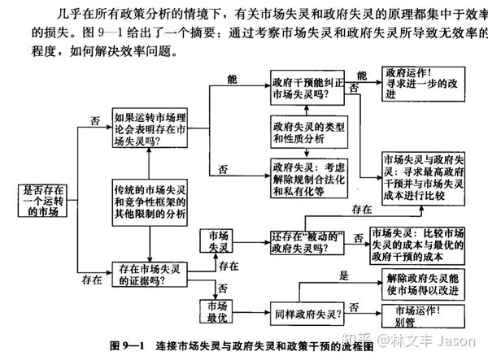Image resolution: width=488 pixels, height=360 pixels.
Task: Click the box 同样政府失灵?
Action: (308, 312)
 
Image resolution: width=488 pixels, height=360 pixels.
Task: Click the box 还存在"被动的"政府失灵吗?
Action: (310, 241)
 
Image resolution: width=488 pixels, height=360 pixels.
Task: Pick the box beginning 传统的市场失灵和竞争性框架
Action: (148, 200)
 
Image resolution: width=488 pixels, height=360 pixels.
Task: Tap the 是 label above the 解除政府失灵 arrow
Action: (343, 275)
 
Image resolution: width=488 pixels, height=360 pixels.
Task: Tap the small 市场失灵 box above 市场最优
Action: (218, 241)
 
